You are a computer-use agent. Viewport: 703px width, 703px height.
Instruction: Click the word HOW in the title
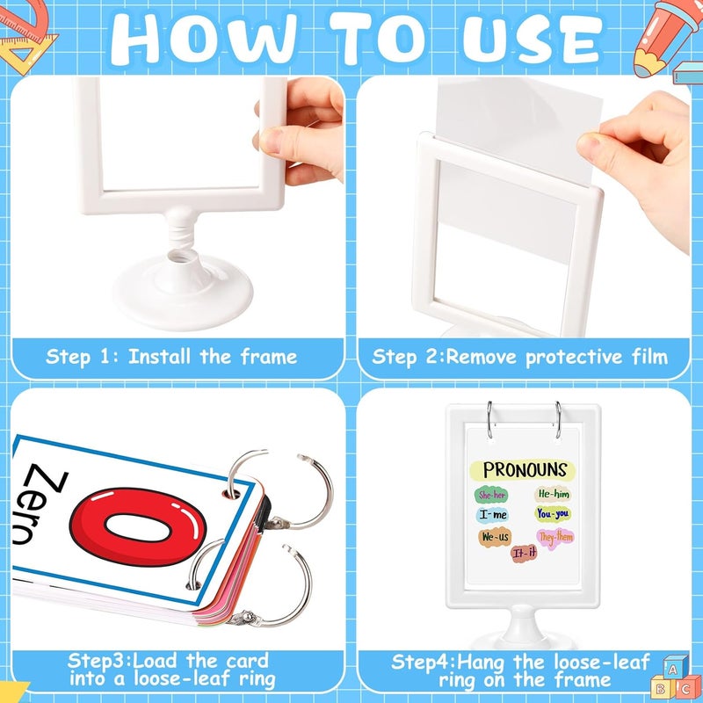(x=203, y=39)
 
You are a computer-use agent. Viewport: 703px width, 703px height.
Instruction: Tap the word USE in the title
(x=533, y=39)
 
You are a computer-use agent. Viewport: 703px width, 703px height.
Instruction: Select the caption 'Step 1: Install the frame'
(x=171, y=357)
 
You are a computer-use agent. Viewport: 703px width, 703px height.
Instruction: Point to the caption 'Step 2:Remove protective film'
(x=519, y=357)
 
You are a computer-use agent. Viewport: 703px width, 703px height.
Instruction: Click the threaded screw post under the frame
(x=181, y=230)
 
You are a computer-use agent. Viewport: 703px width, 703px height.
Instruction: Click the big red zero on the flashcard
(x=138, y=526)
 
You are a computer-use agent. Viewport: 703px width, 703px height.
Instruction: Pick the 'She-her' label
(x=492, y=495)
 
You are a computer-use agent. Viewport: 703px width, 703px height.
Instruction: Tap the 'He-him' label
(x=554, y=494)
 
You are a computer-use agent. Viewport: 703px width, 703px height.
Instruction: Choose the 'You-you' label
(x=553, y=513)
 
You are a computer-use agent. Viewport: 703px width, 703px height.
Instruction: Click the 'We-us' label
(x=496, y=537)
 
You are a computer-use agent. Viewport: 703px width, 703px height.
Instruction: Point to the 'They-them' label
(x=555, y=538)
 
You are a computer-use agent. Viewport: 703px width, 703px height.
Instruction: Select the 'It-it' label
(x=524, y=554)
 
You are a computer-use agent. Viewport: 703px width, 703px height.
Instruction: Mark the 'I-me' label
(x=493, y=514)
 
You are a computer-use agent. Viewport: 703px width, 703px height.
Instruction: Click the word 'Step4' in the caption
(x=423, y=663)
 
